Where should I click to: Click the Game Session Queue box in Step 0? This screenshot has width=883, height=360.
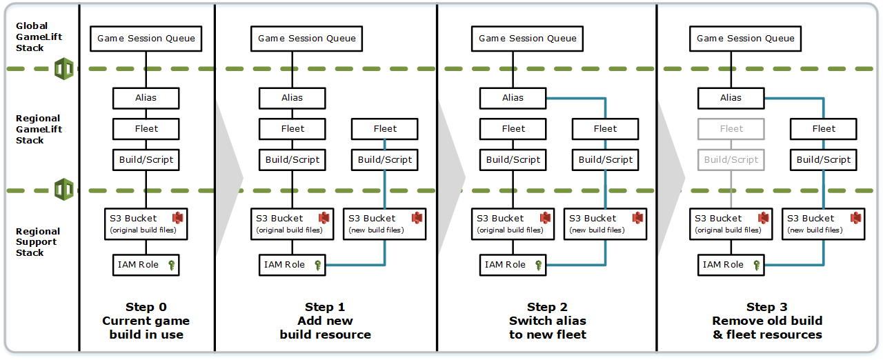click(146, 39)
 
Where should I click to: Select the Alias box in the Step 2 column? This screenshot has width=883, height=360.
click(513, 98)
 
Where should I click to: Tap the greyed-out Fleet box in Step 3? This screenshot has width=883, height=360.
click(731, 129)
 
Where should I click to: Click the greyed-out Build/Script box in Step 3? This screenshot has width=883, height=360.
click(731, 159)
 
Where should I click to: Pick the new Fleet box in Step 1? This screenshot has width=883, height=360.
click(385, 129)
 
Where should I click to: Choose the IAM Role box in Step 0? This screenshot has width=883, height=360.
click(146, 265)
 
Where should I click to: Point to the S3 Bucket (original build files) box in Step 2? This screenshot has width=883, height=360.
click(513, 224)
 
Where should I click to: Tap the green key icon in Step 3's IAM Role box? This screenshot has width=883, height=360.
click(757, 265)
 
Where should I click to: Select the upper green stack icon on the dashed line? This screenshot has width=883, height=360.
click(64, 69)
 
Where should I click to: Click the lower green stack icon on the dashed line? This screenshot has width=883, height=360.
click(64, 189)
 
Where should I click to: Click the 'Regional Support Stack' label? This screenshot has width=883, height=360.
click(38, 242)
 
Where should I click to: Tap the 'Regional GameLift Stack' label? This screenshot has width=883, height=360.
click(39, 129)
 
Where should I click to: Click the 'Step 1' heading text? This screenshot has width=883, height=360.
click(325, 308)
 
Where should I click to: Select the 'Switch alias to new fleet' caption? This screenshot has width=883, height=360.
click(547, 328)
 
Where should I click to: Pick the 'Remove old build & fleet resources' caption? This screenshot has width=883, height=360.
click(766, 328)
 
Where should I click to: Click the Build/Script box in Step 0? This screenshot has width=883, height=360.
click(146, 159)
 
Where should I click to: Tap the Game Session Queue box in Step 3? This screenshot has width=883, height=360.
click(745, 39)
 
